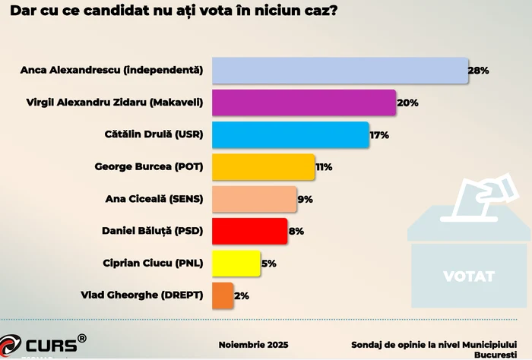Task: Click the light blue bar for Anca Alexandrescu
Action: click(x=340, y=70)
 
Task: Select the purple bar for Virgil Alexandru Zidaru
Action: click(x=303, y=103)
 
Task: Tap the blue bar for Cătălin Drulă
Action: click(x=290, y=134)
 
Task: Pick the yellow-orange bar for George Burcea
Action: click(x=263, y=166)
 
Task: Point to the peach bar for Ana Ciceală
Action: click(x=254, y=199)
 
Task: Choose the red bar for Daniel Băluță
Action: click(x=249, y=231)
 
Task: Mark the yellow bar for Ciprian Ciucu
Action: click(x=236, y=263)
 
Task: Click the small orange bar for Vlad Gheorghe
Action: click(x=223, y=295)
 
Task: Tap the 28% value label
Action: click(x=478, y=70)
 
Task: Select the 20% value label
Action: click(x=407, y=103)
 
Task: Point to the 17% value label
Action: click(x=378, y=135)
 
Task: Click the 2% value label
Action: click(x=242, y=295)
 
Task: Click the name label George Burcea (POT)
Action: click(x=149, y=166)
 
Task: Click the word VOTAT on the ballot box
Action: click(x=468, y=276)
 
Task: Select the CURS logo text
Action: click(x=50, y=346)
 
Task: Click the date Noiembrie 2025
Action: click(x=253, y=345)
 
